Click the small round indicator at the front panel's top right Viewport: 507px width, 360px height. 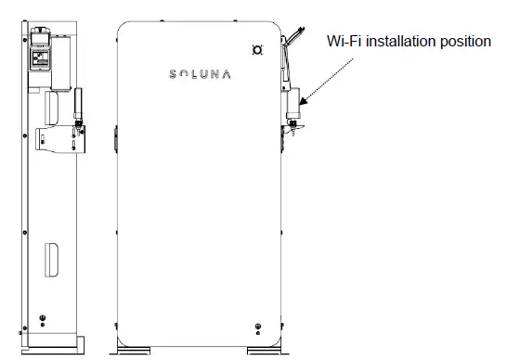pyautogui.click(x=258, y=49)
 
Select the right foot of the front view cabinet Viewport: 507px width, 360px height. pyautogui.click(x=263, y=350)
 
